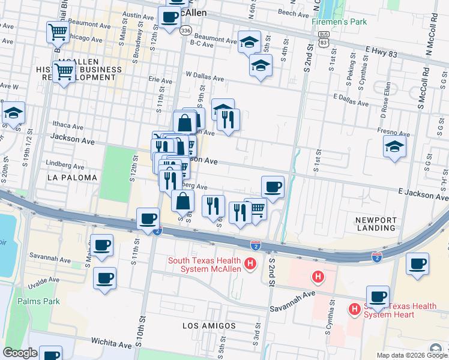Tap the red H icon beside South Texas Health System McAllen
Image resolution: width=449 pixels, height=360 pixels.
[251, 263]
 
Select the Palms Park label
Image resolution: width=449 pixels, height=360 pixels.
[38, 301]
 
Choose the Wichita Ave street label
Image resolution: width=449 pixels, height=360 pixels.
[111, 343]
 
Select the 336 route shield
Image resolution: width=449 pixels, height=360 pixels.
[186, 30]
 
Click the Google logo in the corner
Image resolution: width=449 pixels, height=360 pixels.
[20, 353]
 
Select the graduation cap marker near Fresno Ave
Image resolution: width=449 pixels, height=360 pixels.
[394, 146]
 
